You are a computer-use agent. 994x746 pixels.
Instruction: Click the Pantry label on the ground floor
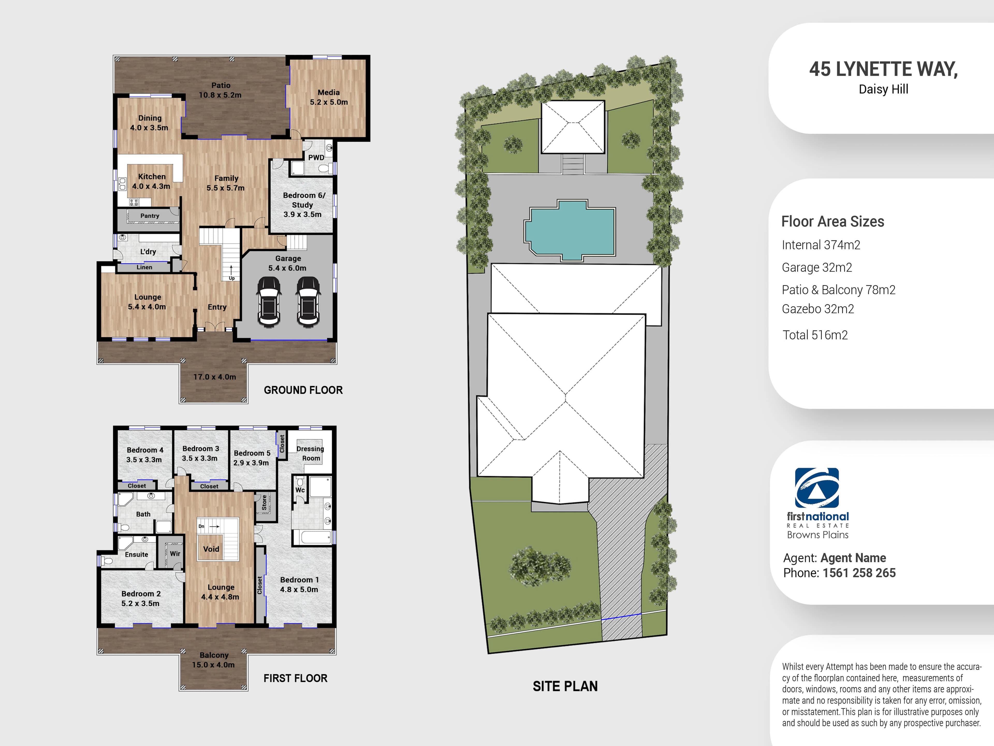[150, 216]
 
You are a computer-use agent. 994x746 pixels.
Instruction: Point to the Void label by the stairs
[211, 549]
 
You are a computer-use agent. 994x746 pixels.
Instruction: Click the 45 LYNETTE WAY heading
[883, 69]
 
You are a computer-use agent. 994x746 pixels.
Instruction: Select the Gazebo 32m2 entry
[817, 309]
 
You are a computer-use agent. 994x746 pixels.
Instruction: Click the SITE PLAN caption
[565, 686]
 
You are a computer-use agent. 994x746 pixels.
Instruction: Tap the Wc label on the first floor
[300, 490]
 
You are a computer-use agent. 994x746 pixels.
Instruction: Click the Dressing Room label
[310, 453]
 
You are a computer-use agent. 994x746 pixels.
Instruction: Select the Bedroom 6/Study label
[303, 205]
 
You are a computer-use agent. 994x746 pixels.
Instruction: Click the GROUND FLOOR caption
[303, 390]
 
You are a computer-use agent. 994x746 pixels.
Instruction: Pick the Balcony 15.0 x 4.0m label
[214, 660]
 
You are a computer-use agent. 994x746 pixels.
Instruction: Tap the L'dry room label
[148, 252]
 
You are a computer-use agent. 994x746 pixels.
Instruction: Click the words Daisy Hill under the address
[883, 89]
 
